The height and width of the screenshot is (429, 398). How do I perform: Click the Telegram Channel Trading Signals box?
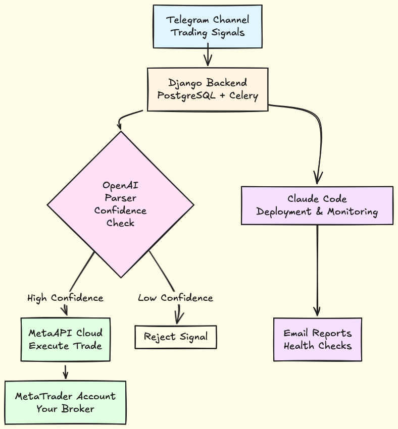208,26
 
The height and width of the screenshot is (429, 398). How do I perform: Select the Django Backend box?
208,89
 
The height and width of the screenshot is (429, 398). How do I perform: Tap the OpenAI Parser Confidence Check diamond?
120,204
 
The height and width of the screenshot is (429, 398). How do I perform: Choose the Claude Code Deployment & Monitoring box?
317,205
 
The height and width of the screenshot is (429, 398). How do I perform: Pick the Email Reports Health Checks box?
317,339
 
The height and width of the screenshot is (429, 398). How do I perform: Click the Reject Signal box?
175,337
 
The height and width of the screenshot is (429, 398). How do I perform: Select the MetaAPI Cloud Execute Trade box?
65,339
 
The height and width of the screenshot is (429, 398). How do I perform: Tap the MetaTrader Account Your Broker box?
65,402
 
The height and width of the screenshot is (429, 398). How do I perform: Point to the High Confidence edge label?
65,298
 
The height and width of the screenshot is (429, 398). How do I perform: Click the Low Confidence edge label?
175,298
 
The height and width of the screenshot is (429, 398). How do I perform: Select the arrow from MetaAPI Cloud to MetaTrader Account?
65,371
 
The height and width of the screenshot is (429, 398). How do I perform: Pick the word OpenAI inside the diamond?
120,185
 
